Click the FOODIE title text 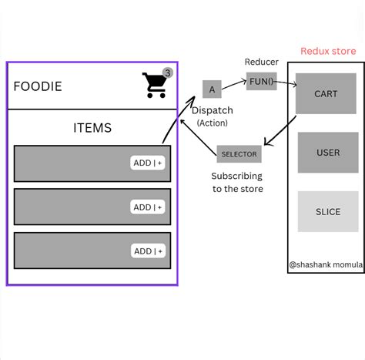pyautogui.click(x=38, y=86)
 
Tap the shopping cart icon pyautogui.click(x=155, y=86)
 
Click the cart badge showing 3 pyautogui.click(x=168, y=72)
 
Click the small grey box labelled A pyautogui.click(x=212, y=89)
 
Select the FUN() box pyautogui.click(x=261, y=81)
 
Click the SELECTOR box pyautogui.click(x=239, y=154)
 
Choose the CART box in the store pyautogui.click(x=326, y=93)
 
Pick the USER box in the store pyautogui.click(x=327, y=152)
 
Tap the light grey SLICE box pyautogui.click(x=327, y=211)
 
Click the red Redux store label pyautogui.click(x=328, y=52)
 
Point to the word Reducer pyautogui.click(x=261, y=62)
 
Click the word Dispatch pyautogui.click(x=212, y=110)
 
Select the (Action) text pyautogui.click(x=212, y=123)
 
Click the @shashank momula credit pyautogui.click(x=325, y=264)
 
